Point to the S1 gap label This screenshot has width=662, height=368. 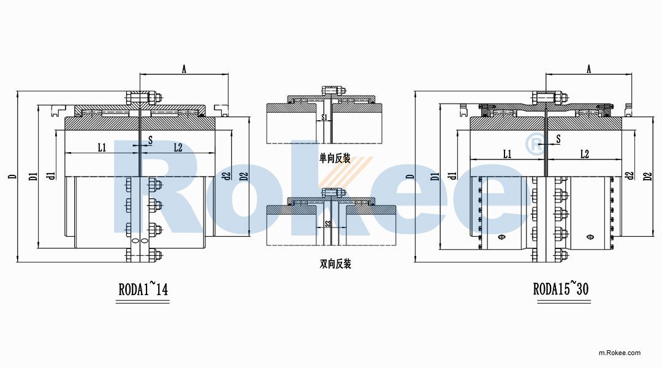(x=325, y=116)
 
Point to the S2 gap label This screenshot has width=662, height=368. (x=327, y=223)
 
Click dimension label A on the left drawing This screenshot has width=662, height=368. (x=183, y=69)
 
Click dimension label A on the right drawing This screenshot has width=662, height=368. (x=588, y=69)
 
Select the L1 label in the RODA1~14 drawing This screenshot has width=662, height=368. (x=102, y=147)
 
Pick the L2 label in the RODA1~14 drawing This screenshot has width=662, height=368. (x=178, y=147)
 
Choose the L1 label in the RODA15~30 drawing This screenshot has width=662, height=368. (x=507, y=154)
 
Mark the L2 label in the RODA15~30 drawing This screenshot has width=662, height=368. (x=584, y=154)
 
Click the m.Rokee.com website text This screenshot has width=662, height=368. (x=619, y=353)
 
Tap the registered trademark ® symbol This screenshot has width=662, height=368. (x=535, y=145)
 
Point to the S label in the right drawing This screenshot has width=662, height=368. (x=558, y=140)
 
